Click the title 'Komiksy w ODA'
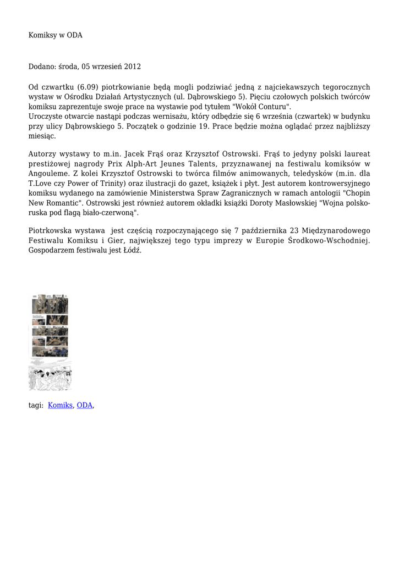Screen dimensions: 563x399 (x=56, y=35)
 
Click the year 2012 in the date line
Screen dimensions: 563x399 (x=132, y=67)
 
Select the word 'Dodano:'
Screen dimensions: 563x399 (x=42, y=67)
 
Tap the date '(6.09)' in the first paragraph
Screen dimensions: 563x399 (x=88, y=87)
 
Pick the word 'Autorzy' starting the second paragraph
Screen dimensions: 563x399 (x=42, y=153)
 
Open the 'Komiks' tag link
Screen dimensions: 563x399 (x=61, y=405)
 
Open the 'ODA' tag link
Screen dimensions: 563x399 (x=84, y=405)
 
